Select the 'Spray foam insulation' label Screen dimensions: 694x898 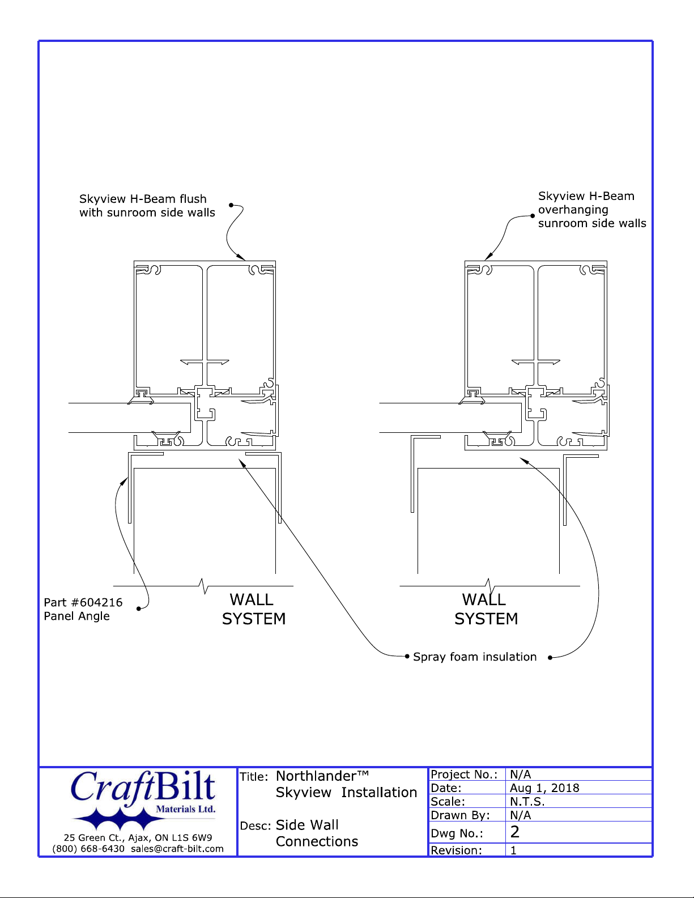(x=475, y=657)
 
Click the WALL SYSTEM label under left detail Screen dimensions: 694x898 (x=253, y=609)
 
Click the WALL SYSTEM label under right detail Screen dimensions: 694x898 (x=486, y=609)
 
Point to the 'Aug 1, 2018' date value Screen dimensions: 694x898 (x=544, y=788)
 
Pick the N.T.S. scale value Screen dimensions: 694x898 (x=527, y=802)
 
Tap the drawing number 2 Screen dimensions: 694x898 (x=515, y=832)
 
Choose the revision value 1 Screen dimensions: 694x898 (x=513, y=850)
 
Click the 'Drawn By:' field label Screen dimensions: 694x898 (x=460, y=815)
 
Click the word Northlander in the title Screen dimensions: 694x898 (x=316, y=776)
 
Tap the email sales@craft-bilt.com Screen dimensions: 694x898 (x=177, y=848)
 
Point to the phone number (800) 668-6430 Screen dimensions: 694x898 (x=88, y=848)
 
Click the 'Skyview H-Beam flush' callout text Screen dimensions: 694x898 (x=143, y=199)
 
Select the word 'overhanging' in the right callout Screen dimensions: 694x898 (x=573, y=210)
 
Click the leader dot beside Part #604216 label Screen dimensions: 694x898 (x=139, y=608)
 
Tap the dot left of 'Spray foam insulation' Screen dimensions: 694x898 (x=407, y=656)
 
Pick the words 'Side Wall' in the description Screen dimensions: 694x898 (x=307, y=825)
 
